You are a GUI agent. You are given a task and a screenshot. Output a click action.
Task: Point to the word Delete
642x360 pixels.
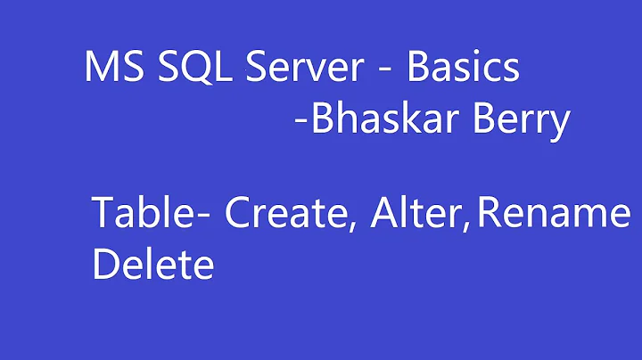(x=152, y=265)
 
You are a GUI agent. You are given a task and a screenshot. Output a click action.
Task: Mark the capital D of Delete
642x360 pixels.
(x=104, y=265)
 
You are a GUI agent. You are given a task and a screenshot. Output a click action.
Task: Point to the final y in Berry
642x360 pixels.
(x=559, y=126)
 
